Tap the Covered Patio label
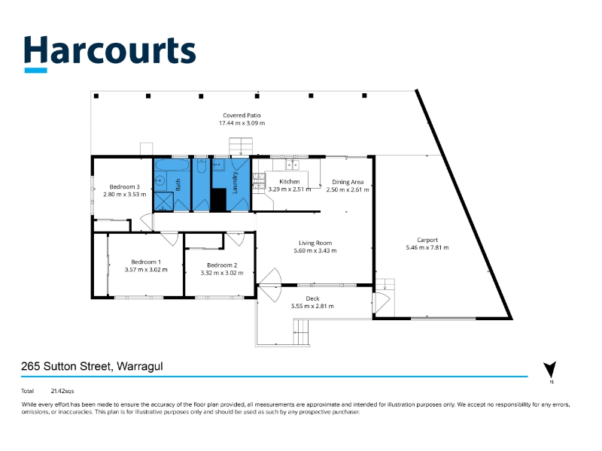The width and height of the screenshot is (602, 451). [x=242, y=115]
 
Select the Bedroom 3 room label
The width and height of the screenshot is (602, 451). [x=125, y=186]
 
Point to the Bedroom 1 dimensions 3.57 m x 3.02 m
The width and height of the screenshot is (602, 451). [x=146, y=269]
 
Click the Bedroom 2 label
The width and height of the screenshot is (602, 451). [x=222, y=265]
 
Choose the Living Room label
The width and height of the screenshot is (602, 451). [x=315, y=243]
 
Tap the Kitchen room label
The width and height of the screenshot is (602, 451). [x=290, y=182]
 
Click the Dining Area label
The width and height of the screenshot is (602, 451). [x=345, y=182]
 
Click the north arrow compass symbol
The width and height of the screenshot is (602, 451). [x=550, y=370]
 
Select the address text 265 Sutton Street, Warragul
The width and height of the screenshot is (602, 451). [x=93, y=367]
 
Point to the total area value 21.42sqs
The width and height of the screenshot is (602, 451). [x=62, y=391]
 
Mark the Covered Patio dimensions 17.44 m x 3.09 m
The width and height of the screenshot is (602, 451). [x=242, y=123]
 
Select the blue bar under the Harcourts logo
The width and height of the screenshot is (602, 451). [x=35, y=71]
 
